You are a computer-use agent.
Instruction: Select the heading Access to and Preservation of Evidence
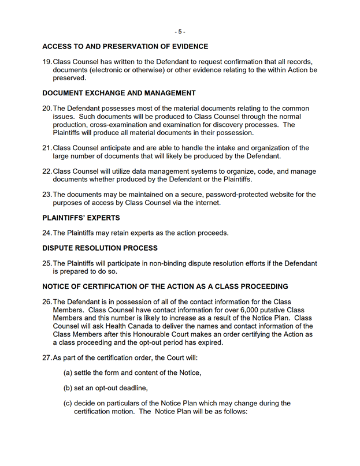125,47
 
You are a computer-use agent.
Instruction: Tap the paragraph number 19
47,62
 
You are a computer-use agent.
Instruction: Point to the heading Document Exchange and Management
119,93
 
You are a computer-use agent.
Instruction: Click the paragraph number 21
47,148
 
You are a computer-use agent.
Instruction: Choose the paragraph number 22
47,172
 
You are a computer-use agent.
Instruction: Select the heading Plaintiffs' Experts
81,218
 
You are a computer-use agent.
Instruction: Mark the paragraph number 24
47,233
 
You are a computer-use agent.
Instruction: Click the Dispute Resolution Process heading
99,248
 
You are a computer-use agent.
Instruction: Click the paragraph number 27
47,357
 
